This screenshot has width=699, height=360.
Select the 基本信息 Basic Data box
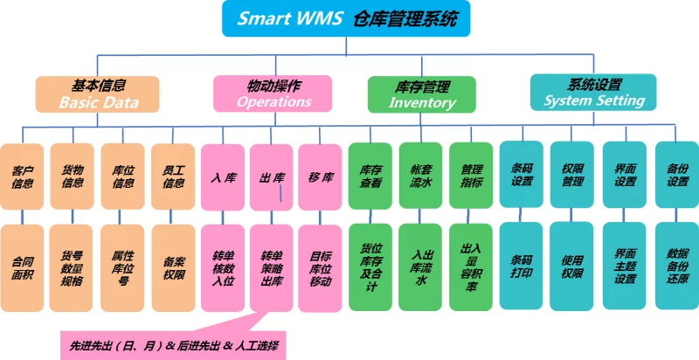[98, 94]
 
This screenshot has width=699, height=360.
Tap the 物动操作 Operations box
[273, 93]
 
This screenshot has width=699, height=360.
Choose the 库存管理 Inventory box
[422, 94]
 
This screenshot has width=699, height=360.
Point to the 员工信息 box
[173, 176]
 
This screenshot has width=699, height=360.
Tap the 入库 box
[223, 176]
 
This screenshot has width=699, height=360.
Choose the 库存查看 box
[371, 176]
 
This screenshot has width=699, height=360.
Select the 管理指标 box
[472, 176]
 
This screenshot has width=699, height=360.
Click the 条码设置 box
[522, 174]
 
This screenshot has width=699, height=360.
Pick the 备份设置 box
[677, 174]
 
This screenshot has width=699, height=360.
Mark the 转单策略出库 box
[272, 267]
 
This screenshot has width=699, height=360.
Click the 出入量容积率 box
[472, 267]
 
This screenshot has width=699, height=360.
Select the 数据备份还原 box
[677, 266]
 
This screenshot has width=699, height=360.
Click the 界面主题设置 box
[625, 266]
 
